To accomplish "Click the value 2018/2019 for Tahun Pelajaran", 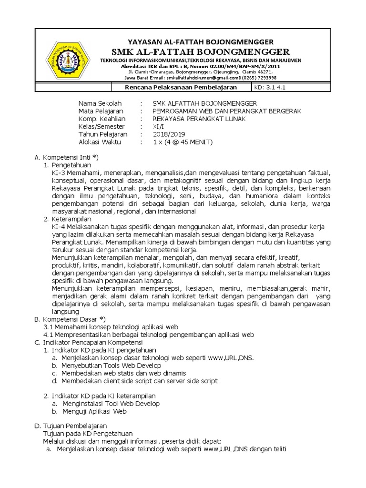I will click(x=169, y=134).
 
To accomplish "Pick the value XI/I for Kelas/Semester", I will click(x=157, y=127).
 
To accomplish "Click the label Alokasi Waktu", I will click(x=100, y=142).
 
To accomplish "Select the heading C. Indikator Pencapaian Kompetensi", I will click(x=92, y=342).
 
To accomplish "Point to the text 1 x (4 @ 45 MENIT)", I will click(x=183, y=142).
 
